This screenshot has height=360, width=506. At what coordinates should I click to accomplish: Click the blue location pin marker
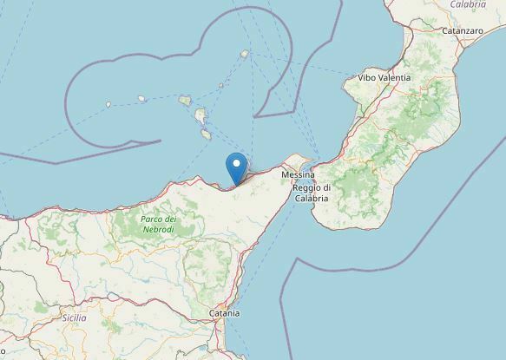[235, 166]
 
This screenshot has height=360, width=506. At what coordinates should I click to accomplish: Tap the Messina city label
[297, 176]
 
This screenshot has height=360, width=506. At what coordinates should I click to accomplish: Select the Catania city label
[224, 312]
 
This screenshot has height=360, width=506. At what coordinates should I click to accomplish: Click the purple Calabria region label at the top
[468, 4]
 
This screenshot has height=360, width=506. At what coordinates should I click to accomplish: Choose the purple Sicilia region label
[74, 317]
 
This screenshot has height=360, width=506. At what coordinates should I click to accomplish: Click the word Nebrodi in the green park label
[159, 228]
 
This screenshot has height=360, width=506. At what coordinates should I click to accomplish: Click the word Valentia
[396, 78]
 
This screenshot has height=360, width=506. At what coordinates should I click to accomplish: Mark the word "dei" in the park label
[172, 219]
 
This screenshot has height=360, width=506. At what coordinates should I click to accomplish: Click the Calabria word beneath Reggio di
[311, 199]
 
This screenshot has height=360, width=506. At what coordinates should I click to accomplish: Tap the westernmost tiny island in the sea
[108, 105]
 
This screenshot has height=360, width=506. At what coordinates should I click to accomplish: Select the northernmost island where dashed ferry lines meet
[245, 54]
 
